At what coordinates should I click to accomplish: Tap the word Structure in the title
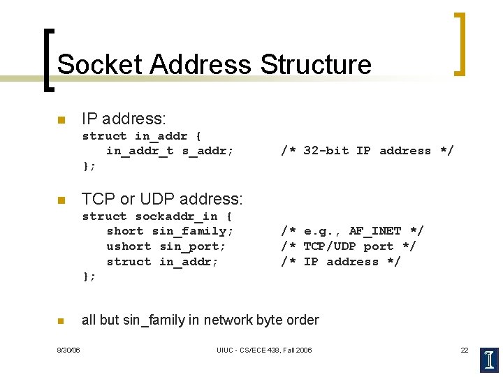[315, 64]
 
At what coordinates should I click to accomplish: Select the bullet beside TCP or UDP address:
[61, 200]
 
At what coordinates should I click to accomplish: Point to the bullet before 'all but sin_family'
[61, 321]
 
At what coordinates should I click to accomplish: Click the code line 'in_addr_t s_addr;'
[170, 151]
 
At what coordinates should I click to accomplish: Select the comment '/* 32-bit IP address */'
[367, 151]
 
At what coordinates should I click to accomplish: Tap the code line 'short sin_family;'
[170, 231]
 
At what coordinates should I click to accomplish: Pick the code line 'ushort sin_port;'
[166, 246]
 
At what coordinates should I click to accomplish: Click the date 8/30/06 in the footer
[68, 350]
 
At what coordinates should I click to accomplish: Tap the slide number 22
[464, 350]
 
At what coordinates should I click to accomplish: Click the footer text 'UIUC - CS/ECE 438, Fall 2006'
[264, 350]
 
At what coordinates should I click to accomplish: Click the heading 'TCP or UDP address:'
[162, 200]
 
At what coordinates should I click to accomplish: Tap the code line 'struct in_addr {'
[142, 136]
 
